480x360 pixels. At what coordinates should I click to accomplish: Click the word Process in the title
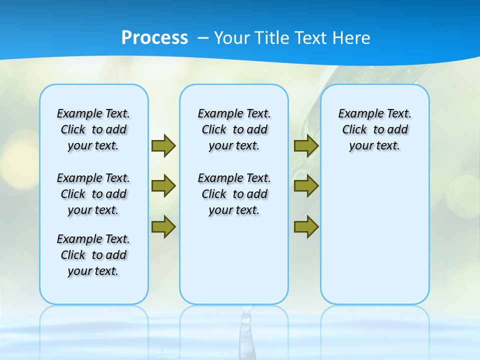pyautogui.click(x=154, y=38)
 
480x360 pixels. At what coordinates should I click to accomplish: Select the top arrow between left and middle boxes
pyautogui.click(x=163, y=145)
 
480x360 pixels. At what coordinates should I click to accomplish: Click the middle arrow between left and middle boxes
pyautogui.click(x=163, y=186)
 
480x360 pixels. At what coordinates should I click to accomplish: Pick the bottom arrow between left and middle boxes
pyautogui.click(x=163, y=227)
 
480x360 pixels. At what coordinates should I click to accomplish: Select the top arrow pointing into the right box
pyautogui.click(x=306, y=145)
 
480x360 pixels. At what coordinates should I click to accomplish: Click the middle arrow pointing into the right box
pyautogui.click(x=306, y=186)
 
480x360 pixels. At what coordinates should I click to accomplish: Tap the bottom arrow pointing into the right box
pyautogui.click(x=306, y=227)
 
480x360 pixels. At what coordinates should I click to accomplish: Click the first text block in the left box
pyautogui.click(x=93, y=129)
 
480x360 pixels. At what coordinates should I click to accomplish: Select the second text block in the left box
pyautogui.click(x=93, y=194)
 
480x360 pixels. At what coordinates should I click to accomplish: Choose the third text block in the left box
pyautogui.click(x=93, y=255)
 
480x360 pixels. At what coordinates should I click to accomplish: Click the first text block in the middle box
pyautogui.click(x=234, y=129)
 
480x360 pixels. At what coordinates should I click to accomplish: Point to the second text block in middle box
pyautogui.click(x=234, y=194)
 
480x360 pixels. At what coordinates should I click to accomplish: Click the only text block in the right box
pyautogui.click(x=375, y=129)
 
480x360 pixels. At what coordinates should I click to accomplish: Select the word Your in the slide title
pyautogui.click(x=232, y=38)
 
